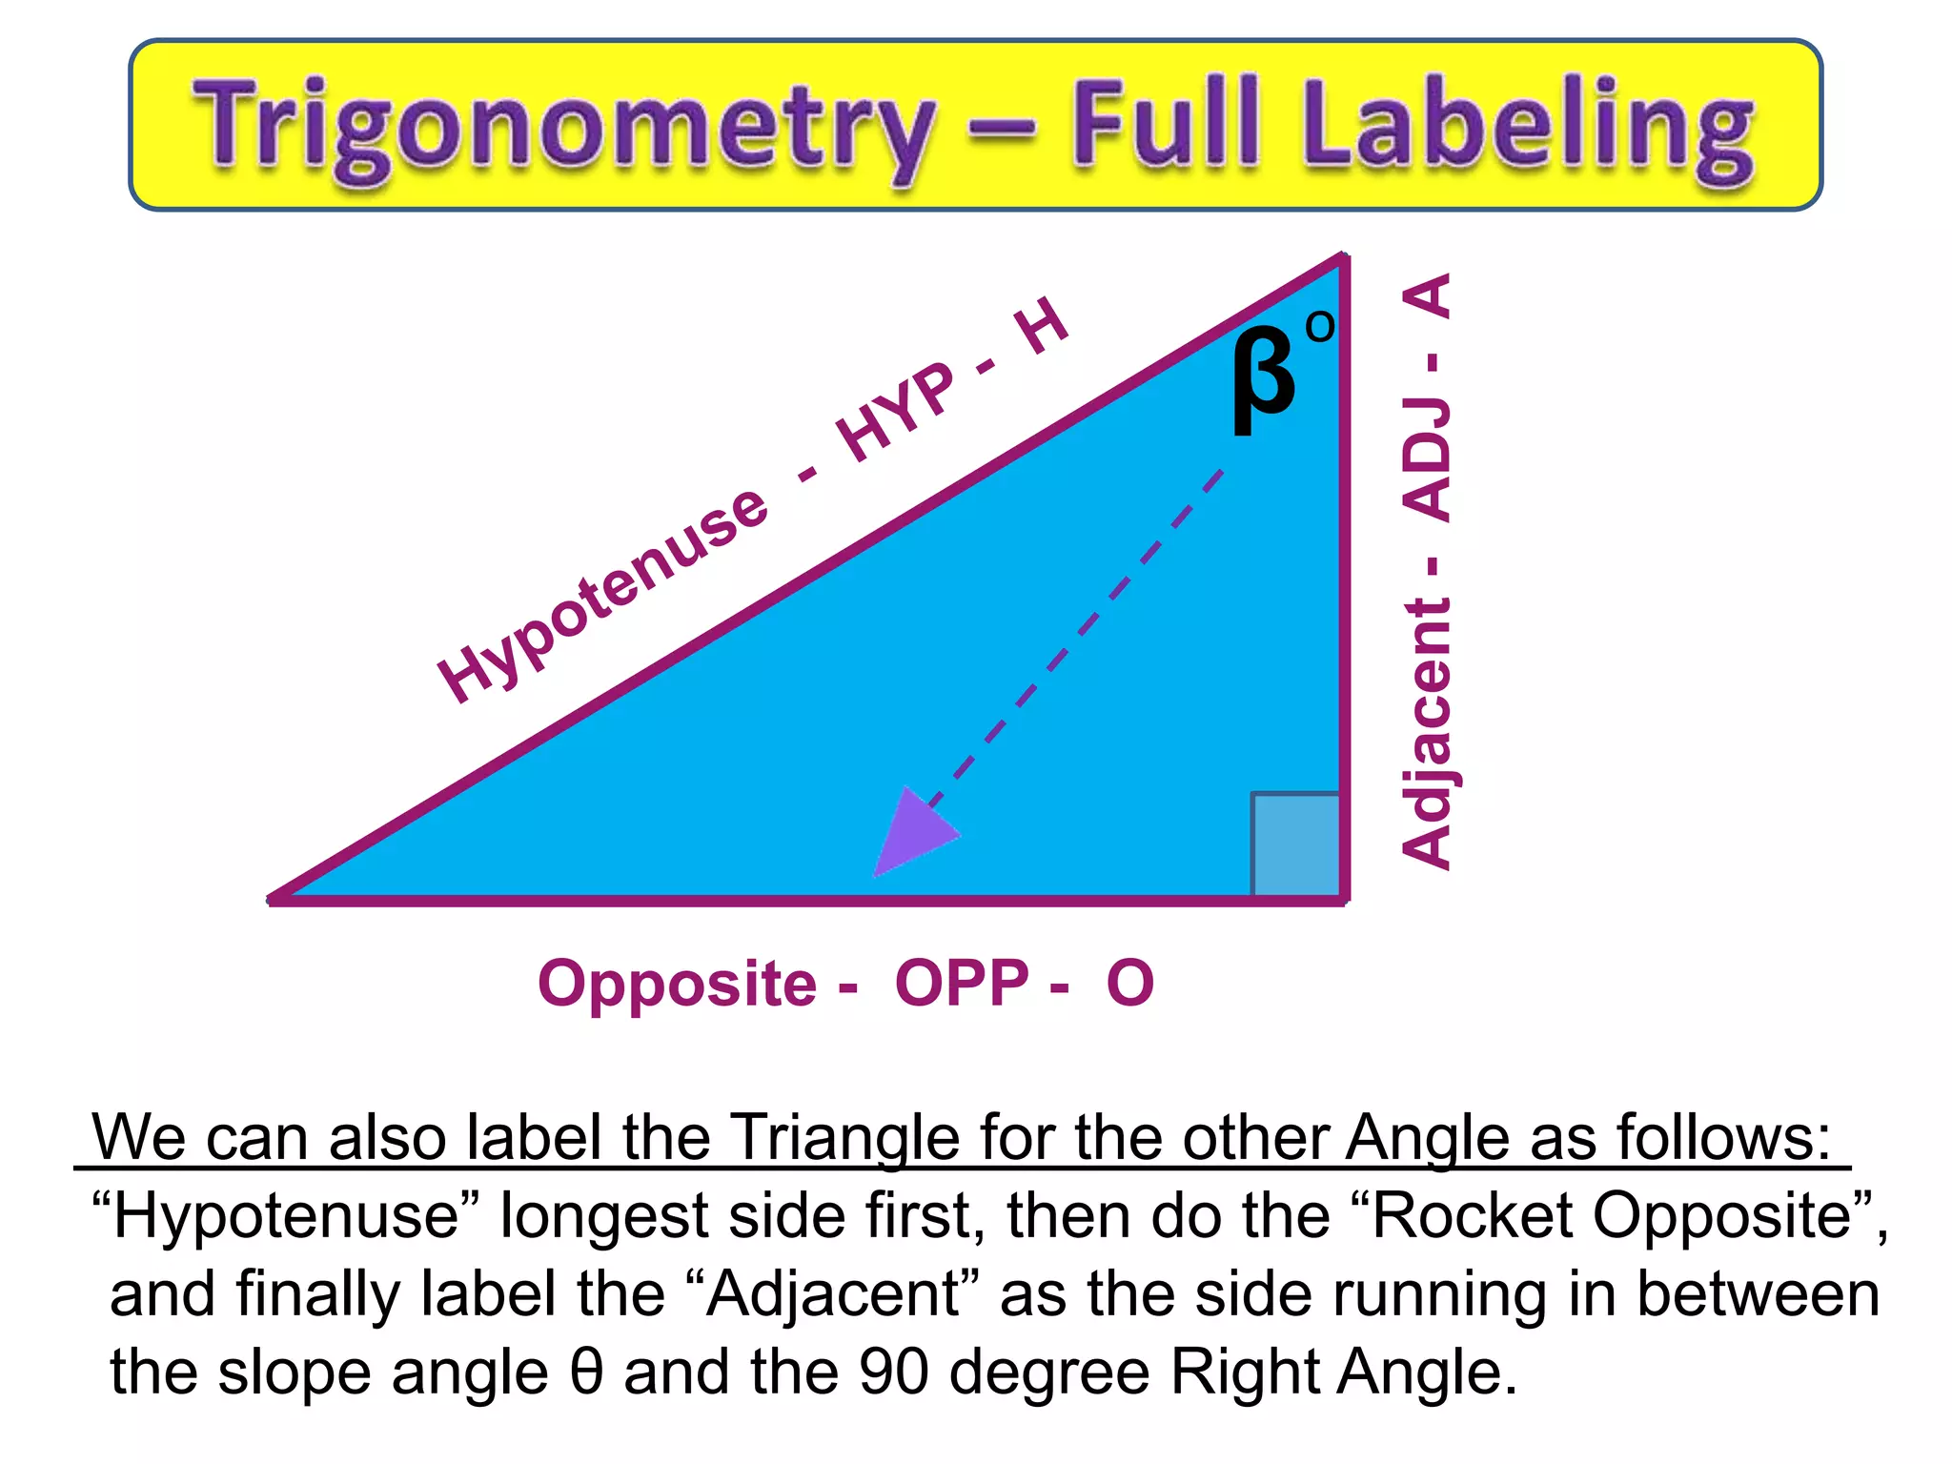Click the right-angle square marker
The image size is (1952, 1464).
tap(1295, 844)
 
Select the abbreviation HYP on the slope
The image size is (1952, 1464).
tap(895, 411)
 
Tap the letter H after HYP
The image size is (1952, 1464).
tap(1042, 325)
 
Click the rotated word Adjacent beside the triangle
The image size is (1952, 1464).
tap(1427, 734)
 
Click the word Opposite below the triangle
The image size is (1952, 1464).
tap(677, 983)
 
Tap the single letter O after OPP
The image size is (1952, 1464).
tap(1129, 983)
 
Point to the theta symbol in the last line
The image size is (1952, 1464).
tap(587, 1372)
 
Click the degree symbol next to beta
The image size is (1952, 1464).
tap(1320, 327)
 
